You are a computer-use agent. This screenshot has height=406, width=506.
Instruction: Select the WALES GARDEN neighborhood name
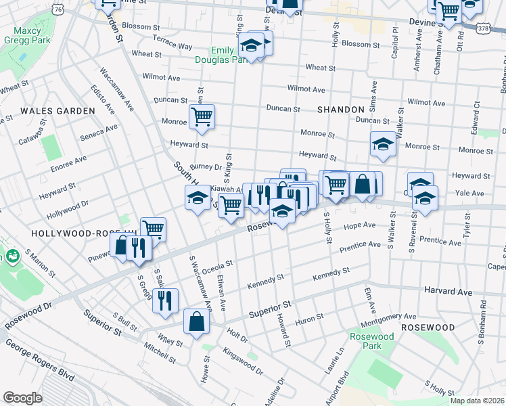pos(57,110)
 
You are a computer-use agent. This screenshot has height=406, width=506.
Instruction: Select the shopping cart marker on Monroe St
pos(202,117)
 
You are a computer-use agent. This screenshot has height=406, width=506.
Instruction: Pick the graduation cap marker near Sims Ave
pos(383,144)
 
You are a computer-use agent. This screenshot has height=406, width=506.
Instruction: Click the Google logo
pos(22,398)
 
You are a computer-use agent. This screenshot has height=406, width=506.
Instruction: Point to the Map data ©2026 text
pos(477,401)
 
